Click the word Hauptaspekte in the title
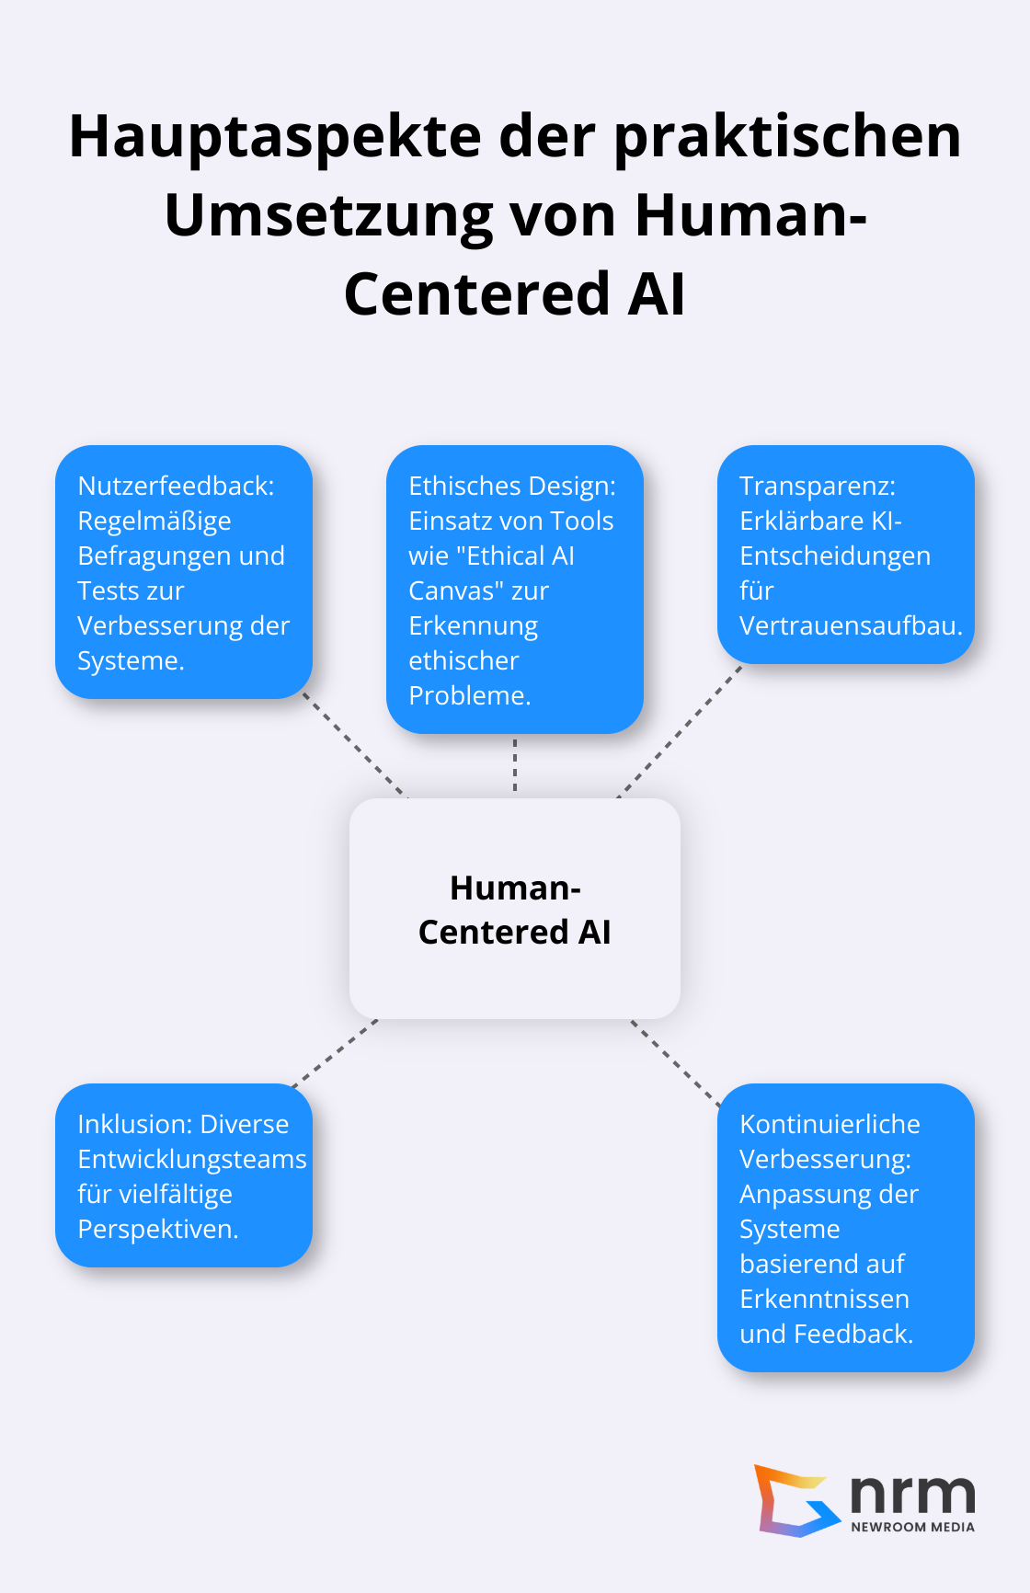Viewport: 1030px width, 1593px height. point(274,138)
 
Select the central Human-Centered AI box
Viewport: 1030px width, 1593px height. point(514,909)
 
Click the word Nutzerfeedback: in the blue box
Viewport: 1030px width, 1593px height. point(176,486)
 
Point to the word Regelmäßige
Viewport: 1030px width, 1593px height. point(154,521)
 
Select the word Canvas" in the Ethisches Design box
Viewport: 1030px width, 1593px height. point(454,590)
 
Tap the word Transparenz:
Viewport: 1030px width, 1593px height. point(817,486)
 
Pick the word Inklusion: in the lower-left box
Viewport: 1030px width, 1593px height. point(135,1124)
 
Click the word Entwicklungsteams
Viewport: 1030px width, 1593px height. point(191,1159)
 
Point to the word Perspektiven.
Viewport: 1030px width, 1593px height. point(157,1229)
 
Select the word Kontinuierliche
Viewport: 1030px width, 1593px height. point(829,1124)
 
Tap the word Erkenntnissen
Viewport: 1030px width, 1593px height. point(824,1299)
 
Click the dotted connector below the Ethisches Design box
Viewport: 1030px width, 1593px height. point(515,765)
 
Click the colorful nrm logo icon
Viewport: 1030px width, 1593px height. point(793,1500)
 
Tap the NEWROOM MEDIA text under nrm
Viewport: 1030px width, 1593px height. point(912,1527)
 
